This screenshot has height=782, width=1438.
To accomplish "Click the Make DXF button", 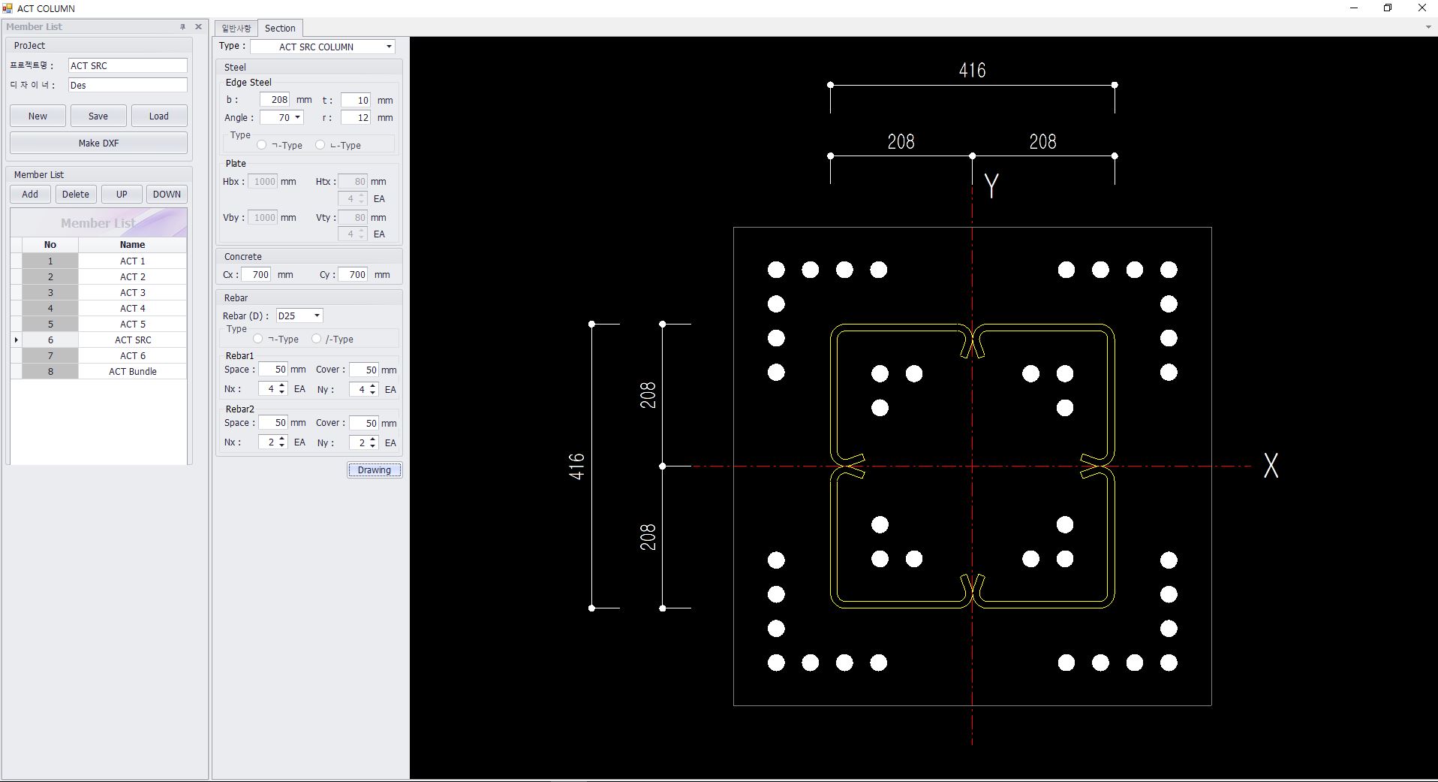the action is (x=98, y=143).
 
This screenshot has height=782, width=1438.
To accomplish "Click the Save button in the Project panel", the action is (x=98, y=116).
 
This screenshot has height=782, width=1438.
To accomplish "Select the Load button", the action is (x=159, y=116).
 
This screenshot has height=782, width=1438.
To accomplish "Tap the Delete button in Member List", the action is (x=76, y=194).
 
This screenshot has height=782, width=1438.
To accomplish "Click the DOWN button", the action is (x=167, y=194).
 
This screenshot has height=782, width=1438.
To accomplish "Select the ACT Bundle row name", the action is (x=133, y=371).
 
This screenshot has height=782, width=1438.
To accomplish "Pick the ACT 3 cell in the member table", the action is (x=133, y=292).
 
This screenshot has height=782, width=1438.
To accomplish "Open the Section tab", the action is (x=280, y=28).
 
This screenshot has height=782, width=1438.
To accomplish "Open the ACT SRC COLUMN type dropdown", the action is (x=323, y=47).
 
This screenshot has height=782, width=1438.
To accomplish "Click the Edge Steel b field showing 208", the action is (x=275, y=99).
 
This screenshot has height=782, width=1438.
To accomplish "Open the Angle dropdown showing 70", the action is (x=281, y=117).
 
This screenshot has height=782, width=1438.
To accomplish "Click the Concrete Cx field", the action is (x=256, y=274).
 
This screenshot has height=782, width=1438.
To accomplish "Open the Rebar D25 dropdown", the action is (x=299, y=316).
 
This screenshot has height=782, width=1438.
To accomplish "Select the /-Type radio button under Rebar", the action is (x=317, y=339).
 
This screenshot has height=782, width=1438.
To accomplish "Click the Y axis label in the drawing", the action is (x=991, y=186).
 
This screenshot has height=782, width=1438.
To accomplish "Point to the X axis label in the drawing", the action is (x=1271, y=466).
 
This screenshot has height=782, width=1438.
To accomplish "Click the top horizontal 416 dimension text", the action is (x=972, y=71).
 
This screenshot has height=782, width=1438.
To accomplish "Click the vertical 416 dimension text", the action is (x=576, y=466).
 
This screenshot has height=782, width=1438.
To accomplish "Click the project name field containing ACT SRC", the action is (x=128, y=65).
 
